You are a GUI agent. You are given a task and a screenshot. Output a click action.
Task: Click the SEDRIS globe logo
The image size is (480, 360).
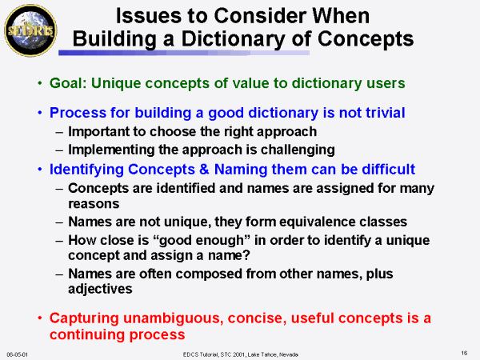click(x=30, y=30)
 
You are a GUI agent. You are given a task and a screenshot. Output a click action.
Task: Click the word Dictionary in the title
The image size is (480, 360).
click(x=233, y=39)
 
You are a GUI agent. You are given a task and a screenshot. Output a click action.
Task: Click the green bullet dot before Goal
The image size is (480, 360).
click(x=40, y=83)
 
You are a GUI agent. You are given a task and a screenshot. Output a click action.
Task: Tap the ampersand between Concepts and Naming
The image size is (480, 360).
click(x=204, y=170)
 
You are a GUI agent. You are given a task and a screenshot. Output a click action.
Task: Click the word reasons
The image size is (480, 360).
click(x=94, y=204)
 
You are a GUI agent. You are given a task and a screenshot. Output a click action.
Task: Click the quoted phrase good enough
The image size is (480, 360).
click(x=202, y=241)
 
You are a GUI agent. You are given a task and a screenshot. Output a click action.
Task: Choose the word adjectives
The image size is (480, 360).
click(x=100, y=289)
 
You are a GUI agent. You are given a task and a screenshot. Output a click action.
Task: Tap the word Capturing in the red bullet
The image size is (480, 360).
click(x=84, y=318)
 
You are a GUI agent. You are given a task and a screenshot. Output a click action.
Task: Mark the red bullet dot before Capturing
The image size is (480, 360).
click(x=40, y=318)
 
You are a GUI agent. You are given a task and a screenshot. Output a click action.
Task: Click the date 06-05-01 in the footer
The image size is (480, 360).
click(x=17, y=354)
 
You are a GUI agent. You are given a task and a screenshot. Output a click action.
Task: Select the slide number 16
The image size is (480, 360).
click(x=464, y=354)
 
